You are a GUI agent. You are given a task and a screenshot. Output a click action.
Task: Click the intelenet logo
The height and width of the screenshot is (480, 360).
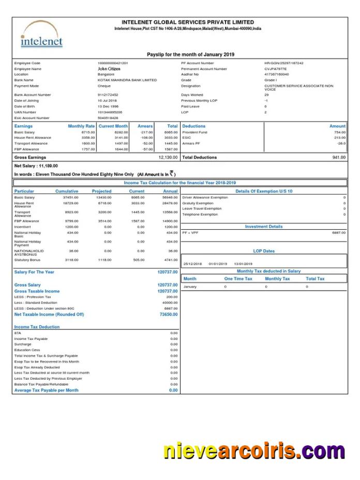click(x=41, y=35)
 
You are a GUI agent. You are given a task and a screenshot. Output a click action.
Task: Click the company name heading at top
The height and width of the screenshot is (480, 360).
click(x=187, y=22)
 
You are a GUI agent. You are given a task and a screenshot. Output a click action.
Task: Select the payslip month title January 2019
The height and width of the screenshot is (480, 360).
click(x=190, y=54)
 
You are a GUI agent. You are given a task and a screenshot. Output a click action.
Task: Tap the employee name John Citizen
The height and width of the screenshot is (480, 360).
click(x=109, y=68)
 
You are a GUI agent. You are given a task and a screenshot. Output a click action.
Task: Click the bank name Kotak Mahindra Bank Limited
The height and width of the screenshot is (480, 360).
click(x=127, y=80)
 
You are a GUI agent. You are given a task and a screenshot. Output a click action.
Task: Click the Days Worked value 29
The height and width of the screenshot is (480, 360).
click(x=266, y=95)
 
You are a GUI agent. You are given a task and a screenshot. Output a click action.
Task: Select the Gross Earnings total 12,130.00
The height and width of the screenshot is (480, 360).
click(x=168, y=157)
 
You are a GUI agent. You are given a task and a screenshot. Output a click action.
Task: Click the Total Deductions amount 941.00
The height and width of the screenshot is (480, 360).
click(x=339, y=157)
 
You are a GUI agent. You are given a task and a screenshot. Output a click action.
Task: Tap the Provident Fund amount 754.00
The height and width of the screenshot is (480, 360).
click(x=340, y=132)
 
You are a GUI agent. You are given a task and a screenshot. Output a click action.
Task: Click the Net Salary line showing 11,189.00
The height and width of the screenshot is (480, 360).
click(x=36, y=166)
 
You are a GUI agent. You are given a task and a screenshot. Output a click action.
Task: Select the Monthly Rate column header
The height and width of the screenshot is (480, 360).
click(x=81, y=126)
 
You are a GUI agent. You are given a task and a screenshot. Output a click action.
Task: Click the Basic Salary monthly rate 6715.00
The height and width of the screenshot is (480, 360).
click(x=88, y=132)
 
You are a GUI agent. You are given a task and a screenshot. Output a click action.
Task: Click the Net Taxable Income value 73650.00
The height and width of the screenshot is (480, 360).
click(x=168, y=314)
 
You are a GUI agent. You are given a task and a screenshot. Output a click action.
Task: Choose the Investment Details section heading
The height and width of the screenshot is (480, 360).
click(x=264, y=227)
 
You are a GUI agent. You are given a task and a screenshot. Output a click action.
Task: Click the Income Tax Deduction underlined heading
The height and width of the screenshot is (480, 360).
click(x=37, y=327)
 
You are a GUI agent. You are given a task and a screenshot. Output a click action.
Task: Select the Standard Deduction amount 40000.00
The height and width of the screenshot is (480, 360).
click(x=170, y=303)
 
